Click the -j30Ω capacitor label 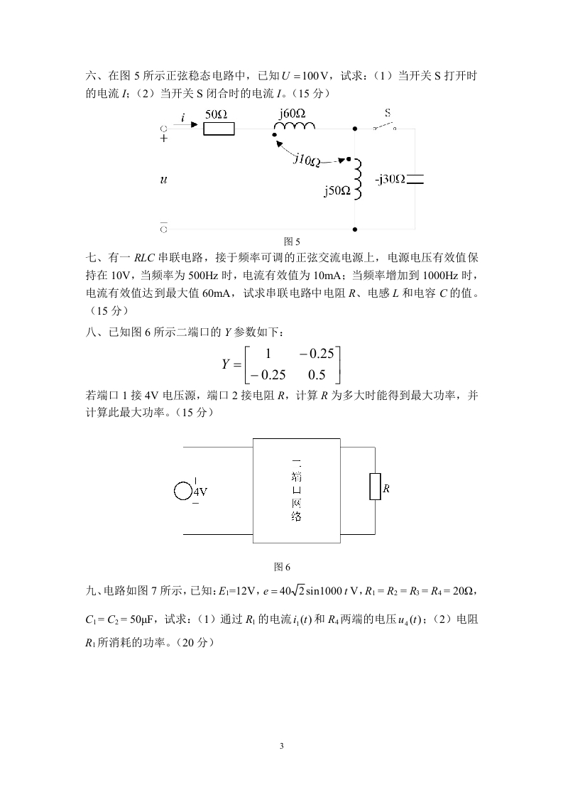(390, 179)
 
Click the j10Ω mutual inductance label (307, 160)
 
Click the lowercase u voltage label (164, 180)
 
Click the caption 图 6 (283, 566)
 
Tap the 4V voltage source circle (183, 491)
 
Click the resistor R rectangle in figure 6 (375, 488)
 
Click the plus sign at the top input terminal (164, 139)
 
